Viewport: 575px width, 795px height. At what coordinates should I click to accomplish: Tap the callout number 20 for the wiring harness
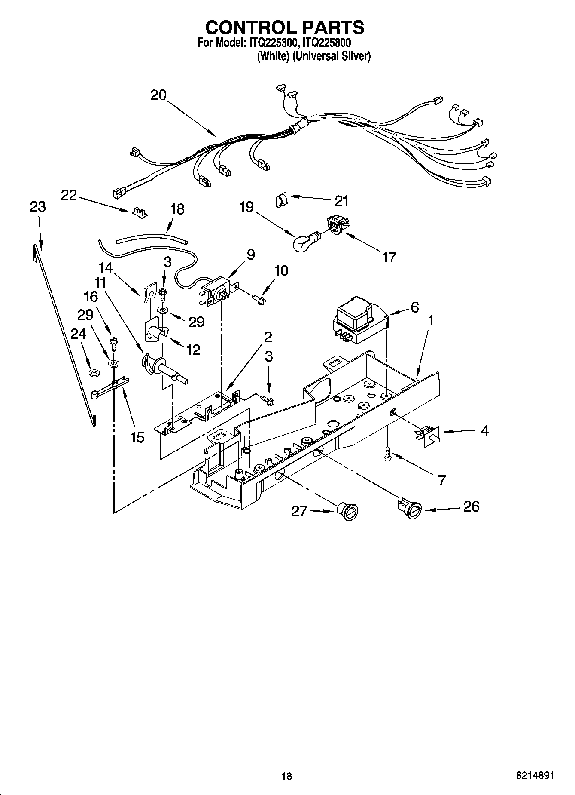[158, 95]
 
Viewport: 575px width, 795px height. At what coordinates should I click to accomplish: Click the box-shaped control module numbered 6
[359, 319]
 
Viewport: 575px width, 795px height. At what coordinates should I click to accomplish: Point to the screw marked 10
[259, 298]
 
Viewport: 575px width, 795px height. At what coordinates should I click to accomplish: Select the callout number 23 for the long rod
[38, 207]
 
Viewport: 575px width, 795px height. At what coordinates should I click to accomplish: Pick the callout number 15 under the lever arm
[137, 437]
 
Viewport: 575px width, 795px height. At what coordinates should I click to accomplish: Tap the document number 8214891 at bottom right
[535, 775]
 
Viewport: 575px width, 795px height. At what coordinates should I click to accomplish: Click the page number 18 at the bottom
[286, 775]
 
